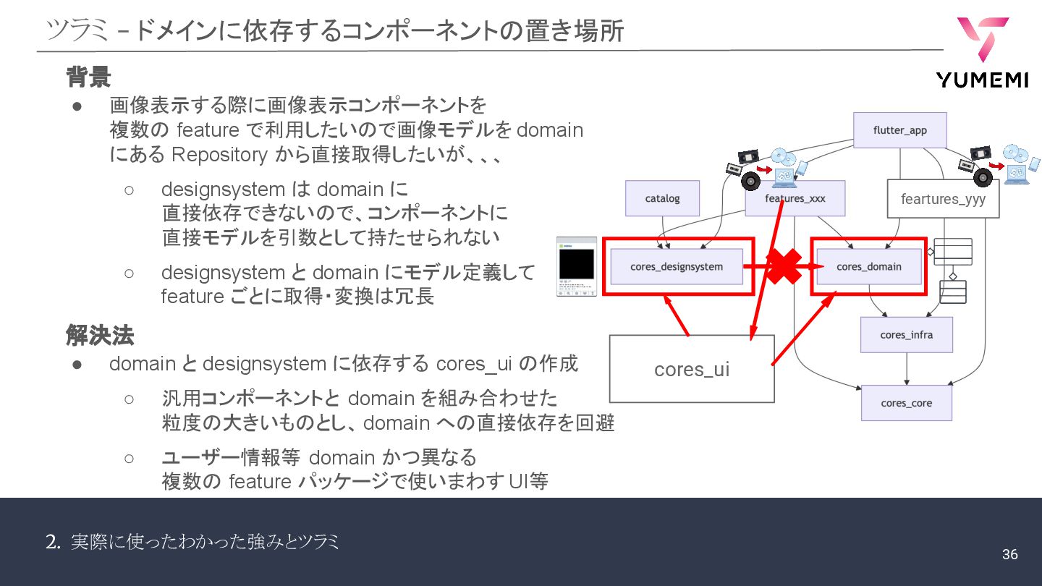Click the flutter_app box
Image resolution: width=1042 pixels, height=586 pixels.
899,130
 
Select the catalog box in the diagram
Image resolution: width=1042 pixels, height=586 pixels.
662,198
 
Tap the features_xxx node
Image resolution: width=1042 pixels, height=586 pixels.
795,198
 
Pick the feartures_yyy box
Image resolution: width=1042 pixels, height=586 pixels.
943,199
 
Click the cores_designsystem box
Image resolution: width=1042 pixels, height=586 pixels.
677,266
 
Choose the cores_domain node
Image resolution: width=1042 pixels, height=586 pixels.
868,266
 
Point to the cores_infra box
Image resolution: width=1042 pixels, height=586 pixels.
906,335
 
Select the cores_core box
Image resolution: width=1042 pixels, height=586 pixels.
906,403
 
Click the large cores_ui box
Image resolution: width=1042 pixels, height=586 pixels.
691,369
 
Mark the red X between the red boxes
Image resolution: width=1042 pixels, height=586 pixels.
781,266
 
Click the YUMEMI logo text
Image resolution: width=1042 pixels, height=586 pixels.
982,80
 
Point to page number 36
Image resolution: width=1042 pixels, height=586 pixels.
1009,555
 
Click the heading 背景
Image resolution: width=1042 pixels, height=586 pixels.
88,76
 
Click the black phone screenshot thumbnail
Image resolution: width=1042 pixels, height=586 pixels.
576,266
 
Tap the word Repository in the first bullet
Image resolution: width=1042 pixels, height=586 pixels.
209,155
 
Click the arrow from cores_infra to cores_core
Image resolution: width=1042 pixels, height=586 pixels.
907,369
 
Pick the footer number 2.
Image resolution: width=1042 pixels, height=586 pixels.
52,542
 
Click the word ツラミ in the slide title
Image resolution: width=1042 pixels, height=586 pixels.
77,31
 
